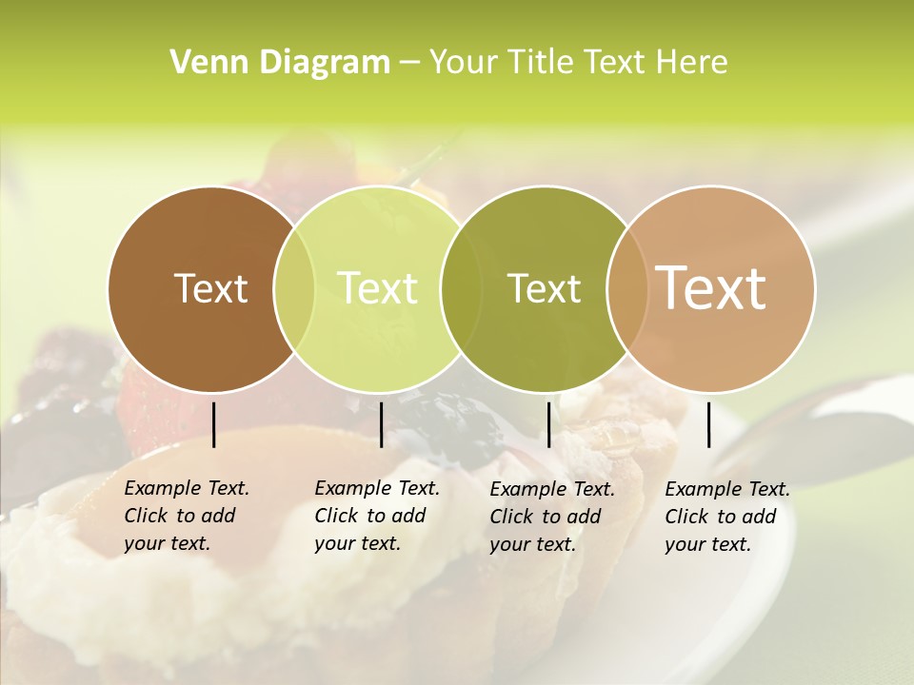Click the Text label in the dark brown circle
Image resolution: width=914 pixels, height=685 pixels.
pyautogui.click(x=210, y=288)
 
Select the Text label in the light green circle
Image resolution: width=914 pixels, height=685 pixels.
pyautogui.click(x=377, y=288)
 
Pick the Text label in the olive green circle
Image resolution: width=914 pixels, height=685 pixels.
pyautogui.click(x=544, y=288)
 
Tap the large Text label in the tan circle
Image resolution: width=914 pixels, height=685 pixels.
pyautogui.click(x=710, y=288)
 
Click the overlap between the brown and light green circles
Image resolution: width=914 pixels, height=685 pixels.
pyautogui.click(x=294, y=289)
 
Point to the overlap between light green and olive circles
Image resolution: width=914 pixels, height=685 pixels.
pyautogui.click(x=461, y=289)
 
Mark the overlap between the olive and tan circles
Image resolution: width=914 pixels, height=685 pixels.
pyautogui.click(x=627, y=289)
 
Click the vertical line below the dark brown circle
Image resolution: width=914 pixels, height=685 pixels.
pyautogui.click(x=214, y=424)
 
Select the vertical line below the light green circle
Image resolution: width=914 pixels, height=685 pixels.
pyautogui.click(x=381, y=424)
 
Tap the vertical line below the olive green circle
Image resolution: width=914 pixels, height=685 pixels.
pyautogui.click(x=548, y=424)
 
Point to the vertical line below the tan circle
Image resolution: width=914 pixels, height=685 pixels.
pyautogui.click(x=709, y=424)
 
